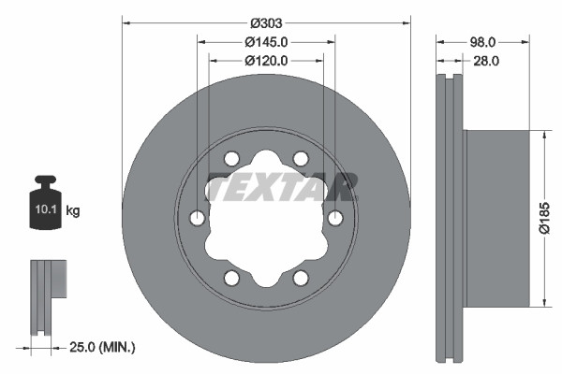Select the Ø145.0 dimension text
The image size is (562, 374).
coord(266,42)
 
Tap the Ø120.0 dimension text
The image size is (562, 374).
coord(266,61)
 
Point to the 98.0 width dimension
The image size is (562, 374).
coord(482,42)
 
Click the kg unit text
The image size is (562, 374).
coord(73,210)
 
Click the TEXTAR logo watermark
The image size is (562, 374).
coord(281,188)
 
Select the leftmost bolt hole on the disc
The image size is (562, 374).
coord(197,218)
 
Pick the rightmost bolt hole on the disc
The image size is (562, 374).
coord(335,218)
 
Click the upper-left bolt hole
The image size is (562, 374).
coord(231,158)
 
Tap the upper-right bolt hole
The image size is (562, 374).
coord(301,158)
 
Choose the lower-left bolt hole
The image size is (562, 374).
coord(231,278)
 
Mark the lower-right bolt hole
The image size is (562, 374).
coord(301,278)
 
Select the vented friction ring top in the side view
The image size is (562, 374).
coord(451,93)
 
